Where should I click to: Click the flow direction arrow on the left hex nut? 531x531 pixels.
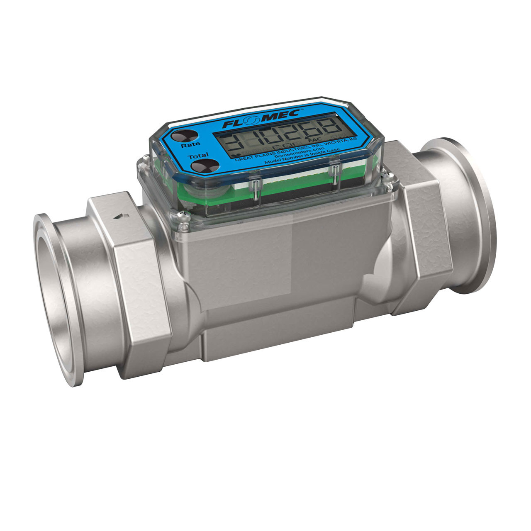pyautogui.click(x=120, y=215)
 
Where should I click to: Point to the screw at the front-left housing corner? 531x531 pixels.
pyautogui.click(x=181, y=214)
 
